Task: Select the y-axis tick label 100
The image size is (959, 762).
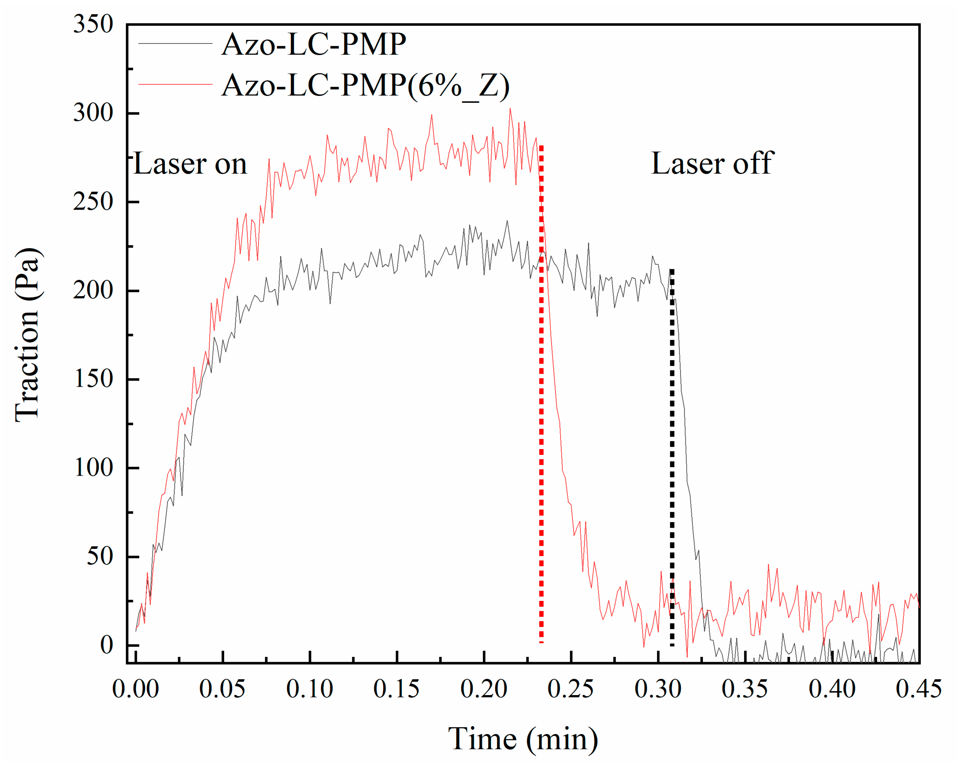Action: pyautogui.click(x=93, y=468)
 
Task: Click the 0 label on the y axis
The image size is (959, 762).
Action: pyautogui.click(x=107, y=645)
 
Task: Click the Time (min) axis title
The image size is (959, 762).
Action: pyautogui.click(x=523, y=739)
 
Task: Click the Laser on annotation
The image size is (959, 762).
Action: pyautogui.click(x=190, y=164)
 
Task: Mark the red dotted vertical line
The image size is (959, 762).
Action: pyautogui.click(x=541, y=401)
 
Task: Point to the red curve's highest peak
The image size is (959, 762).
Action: pyautogui.click(x=510, y=109)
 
